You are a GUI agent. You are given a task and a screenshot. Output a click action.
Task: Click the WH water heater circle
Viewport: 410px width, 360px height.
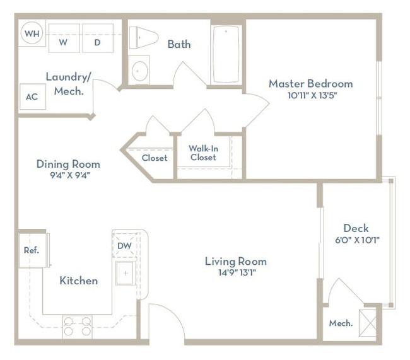tap(32, 33)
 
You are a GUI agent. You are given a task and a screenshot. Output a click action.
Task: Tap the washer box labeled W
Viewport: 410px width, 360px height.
tap(64, 38)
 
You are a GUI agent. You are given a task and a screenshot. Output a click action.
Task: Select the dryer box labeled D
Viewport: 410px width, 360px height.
tap(98, 38)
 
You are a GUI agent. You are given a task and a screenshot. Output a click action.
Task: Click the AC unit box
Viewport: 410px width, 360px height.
tap(33, 96)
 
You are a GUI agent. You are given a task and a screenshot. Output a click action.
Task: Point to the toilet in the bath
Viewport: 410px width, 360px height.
tap(144, 37)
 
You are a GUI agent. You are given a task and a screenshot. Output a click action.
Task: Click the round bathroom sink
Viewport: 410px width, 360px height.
tap(140, 71)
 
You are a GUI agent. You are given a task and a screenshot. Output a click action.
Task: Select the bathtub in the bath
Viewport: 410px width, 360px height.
tap(226, 54)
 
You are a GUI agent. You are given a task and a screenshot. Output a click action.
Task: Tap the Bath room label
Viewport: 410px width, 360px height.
tap(179, 44)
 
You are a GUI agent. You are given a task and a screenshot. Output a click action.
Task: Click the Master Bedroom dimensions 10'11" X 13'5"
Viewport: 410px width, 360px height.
tap(312, 95)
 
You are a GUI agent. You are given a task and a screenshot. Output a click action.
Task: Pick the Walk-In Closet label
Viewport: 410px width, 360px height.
tap(204, 153)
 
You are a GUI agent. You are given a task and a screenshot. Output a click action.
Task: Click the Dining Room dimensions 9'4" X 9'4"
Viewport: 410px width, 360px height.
tap(70, 175)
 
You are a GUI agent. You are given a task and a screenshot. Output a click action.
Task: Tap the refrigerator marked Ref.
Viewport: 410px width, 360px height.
tap(33, 250)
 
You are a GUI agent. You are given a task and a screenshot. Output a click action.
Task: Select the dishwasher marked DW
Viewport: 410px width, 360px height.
tap(124, 245)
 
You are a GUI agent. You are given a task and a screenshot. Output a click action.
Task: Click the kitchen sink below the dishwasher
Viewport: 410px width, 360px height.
tap(126, 273)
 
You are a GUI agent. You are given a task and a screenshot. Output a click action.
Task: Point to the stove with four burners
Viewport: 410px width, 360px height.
tap(77, 327)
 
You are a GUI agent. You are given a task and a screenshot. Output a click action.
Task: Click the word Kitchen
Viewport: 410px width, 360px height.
tap(79, 281)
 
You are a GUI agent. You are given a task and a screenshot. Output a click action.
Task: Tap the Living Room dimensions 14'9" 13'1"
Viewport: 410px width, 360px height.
tap(237, 273)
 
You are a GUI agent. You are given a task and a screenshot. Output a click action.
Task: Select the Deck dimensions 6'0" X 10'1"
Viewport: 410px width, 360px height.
tap(357, 240)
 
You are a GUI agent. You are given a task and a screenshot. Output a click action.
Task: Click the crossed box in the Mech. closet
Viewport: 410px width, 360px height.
tap(368, 323)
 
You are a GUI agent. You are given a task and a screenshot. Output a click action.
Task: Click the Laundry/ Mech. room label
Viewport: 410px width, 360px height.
tap(69, 84)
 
